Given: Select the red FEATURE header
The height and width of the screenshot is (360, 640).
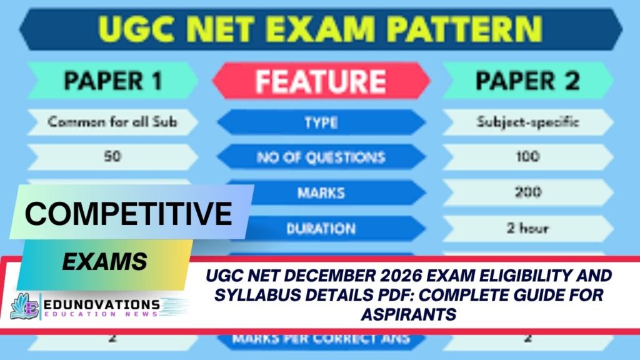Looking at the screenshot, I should click(x=320, y=81).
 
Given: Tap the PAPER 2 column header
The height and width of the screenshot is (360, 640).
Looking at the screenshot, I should click(x=527, y=81).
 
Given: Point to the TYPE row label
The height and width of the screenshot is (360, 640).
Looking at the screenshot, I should click(x=320, y=122).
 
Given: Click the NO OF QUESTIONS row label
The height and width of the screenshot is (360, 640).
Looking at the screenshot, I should click(x=320, y=157).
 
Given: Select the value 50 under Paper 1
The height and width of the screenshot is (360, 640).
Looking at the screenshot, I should click(x=112, y=157).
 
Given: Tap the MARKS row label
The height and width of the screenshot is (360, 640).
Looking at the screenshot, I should click(x=320, y=192).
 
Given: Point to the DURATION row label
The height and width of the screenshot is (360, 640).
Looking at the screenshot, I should click(x=320, y=229).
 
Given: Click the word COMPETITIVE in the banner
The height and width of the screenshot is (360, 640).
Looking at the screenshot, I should click(x=129, y=214).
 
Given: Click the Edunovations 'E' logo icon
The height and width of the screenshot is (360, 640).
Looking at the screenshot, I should click(x=24, y=306).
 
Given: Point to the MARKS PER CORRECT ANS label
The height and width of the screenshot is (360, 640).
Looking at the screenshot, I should click(x=320, y=339).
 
